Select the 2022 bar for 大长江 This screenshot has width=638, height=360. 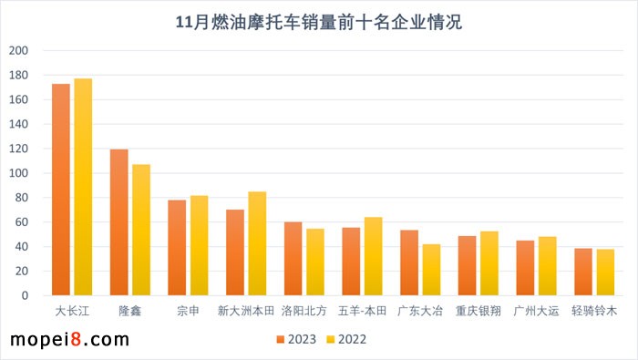click(83, 187)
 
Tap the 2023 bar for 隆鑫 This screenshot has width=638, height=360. click(119, 222)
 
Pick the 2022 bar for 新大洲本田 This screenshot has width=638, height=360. click(257, 243)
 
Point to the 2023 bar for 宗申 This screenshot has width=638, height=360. click(177, 248)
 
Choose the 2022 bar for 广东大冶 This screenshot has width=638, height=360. click(431, 270)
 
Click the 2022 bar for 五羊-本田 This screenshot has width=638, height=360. click(373, 256)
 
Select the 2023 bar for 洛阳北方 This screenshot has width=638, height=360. click(293, 259)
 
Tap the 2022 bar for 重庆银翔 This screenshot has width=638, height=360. click(489, 263)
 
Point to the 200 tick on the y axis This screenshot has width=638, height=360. click(18, 51)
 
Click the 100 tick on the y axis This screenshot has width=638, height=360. click(18, 173)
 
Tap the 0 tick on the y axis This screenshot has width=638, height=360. click(25, 295)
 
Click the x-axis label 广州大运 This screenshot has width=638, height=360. click(536, 311)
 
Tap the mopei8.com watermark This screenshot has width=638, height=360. click(68, 340)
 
